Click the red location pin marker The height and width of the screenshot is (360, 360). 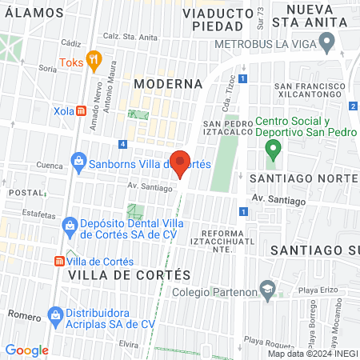(x=181, y=163)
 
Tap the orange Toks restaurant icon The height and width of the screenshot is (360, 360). (x=94, y=58)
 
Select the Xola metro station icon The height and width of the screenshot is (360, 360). (x=81, y=111)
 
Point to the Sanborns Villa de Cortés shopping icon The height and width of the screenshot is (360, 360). (x=78, y=162)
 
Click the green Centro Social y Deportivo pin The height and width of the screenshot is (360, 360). (x=273, y=147)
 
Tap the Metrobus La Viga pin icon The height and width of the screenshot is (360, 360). (x=325, y=41)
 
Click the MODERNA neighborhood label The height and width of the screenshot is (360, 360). (x=168, y=83)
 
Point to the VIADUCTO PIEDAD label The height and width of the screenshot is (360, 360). (x=213, y=19)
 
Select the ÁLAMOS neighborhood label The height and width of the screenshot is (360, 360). (x=32, y=13)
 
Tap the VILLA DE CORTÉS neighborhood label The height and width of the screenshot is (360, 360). (x=130, y=274)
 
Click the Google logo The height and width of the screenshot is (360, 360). (x=26, y=350)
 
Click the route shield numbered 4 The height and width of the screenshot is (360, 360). (x=122, y=144)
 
